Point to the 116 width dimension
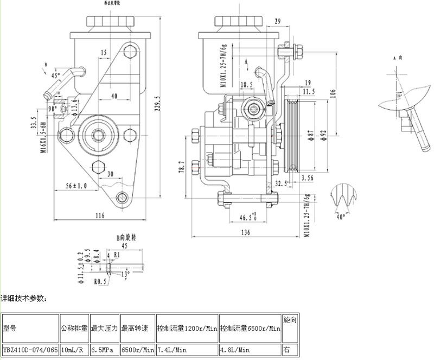(x=99, y=216)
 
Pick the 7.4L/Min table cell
(x=173, y=350)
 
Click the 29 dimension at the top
(x=277, y=21)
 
